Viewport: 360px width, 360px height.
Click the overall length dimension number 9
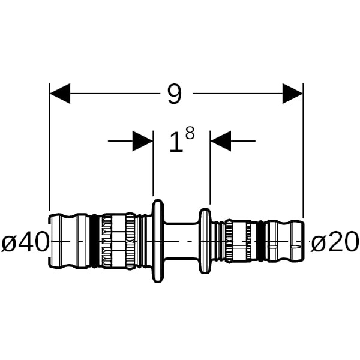pyautogui.click(x=174, y=94)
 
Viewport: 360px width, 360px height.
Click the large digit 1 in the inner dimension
pyautogui.click(x=175, y=143)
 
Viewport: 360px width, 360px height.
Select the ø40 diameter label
pyautogui.click(x=25, y=242)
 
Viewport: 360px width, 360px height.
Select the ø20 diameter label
pyautogui.click(x=335, y=242)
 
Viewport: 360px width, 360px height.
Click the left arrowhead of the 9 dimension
pyautogui.click(x=60, y=94)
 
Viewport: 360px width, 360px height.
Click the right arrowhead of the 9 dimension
pyautogui.click(x=293, y=94)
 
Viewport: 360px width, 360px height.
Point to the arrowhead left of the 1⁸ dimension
pyautogui.click(x=143, y=142)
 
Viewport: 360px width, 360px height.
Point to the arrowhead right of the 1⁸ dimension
pyautogui.click(x=221, y=142)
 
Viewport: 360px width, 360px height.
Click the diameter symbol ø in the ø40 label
pyautogui.click(x=8, y=242)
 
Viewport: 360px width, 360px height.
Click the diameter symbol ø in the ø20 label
pyautogui.click(x=317, y=242)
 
